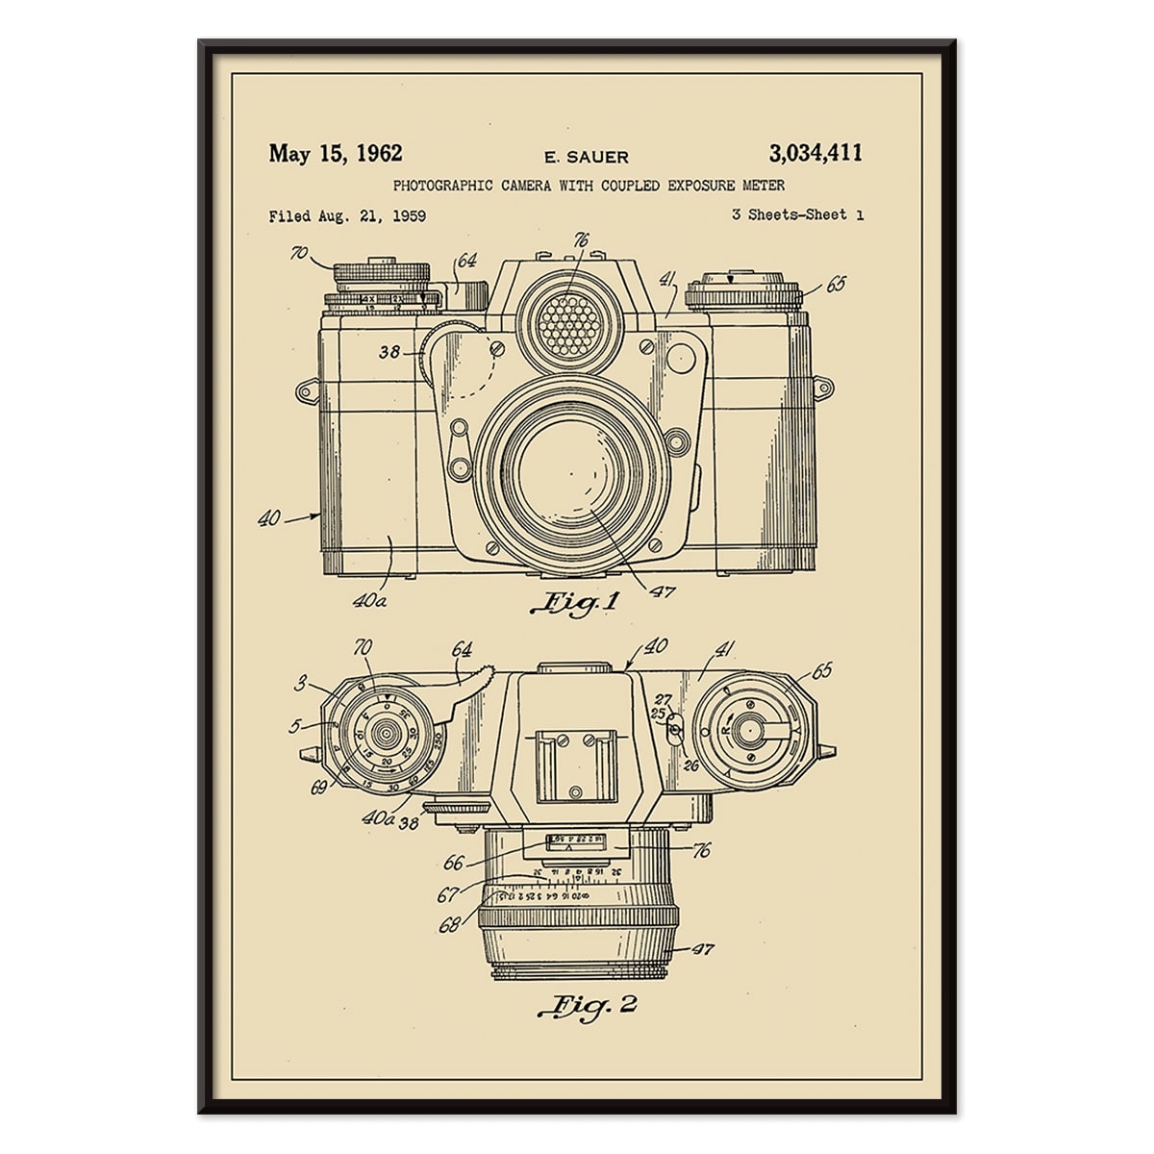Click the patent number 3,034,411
[x=815, y=153]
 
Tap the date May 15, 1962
[x=336, y=153]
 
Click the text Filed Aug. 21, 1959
[x=347, y=215]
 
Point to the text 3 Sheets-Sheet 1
[x=797, y=214]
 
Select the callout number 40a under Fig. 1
[x=369, y=601]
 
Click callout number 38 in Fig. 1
[x=389, y=353]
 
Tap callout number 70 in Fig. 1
[x=298, y=254]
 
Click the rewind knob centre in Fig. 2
[x=746, y=732]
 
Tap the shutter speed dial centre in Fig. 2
[x=387, y=734]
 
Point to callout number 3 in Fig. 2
[x=300, y=684]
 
